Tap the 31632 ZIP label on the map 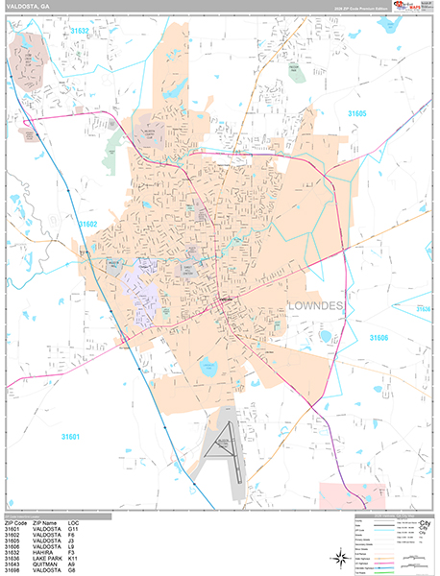click(x=79, y=31)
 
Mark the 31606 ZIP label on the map click(x=379, y=338)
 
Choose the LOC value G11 click(x=100, y=528)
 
